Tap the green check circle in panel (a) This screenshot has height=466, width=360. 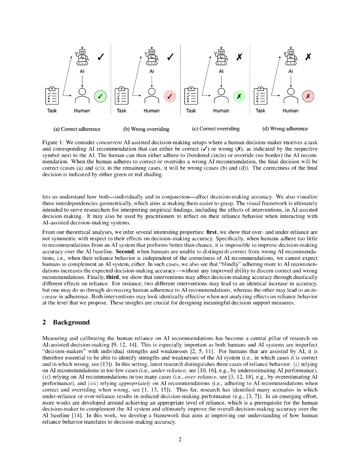click(100, 96)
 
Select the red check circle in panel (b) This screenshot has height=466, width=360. click(169, 96)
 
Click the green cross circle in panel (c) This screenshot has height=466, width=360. click(239, 96)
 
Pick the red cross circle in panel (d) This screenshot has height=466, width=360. click(308, 96)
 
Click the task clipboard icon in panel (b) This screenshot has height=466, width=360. click(122, 96)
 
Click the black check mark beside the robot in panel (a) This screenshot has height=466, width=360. click(101, 57)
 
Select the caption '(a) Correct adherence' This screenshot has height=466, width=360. click(77, 129)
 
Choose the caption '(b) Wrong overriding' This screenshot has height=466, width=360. click(146, 129)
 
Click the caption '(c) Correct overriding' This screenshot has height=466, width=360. click(216, 129)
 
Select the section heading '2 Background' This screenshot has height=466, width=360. click(66, 322)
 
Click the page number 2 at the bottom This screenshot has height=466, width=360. click(180, 439)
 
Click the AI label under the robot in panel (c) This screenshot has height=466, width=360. click(221, 71)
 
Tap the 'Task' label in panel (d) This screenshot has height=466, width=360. click(260, 111)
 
